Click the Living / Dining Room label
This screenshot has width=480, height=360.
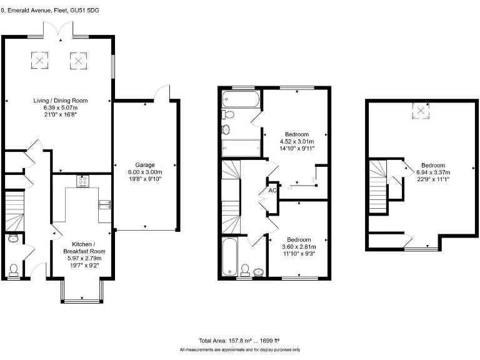[61, 100]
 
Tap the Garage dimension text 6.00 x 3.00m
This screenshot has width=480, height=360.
[145, 172]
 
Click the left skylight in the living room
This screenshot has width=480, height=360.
[39, 60]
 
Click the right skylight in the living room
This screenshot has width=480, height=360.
[77, 60]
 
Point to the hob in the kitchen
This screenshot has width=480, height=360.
[83, 181]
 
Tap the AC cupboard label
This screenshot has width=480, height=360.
[272, 191]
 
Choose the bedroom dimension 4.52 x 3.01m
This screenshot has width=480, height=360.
[297, 142]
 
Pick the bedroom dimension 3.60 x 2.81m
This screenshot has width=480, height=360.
[299, 247]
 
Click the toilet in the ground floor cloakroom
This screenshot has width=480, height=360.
[14, 269]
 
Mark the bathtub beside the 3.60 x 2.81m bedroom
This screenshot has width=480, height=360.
[229, 256]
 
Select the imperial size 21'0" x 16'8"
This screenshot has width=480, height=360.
[61, 114]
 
